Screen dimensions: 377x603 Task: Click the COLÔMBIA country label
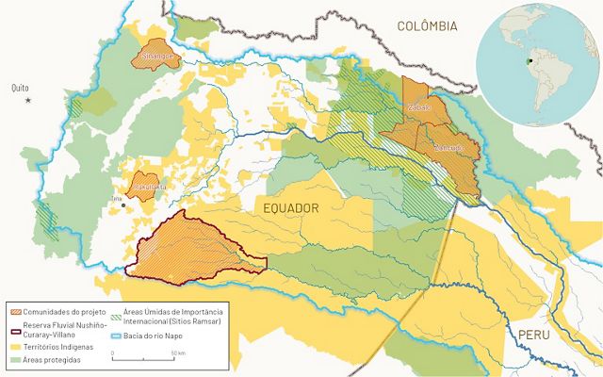point(427,26)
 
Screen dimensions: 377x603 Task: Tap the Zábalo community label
point(418,108)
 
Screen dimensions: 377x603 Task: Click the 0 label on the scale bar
point(113,352)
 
